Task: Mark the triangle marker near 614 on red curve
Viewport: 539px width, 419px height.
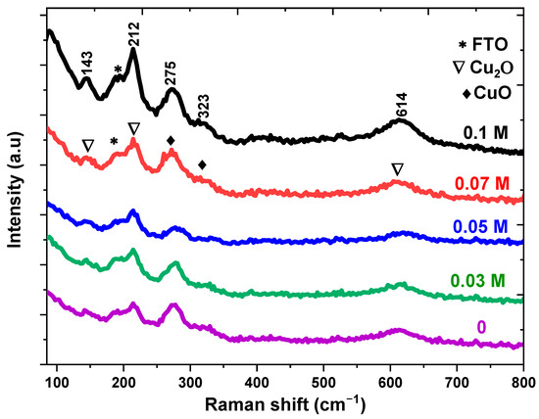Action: pos(397,169)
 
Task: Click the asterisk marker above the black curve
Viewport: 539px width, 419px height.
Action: pos(119,70)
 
